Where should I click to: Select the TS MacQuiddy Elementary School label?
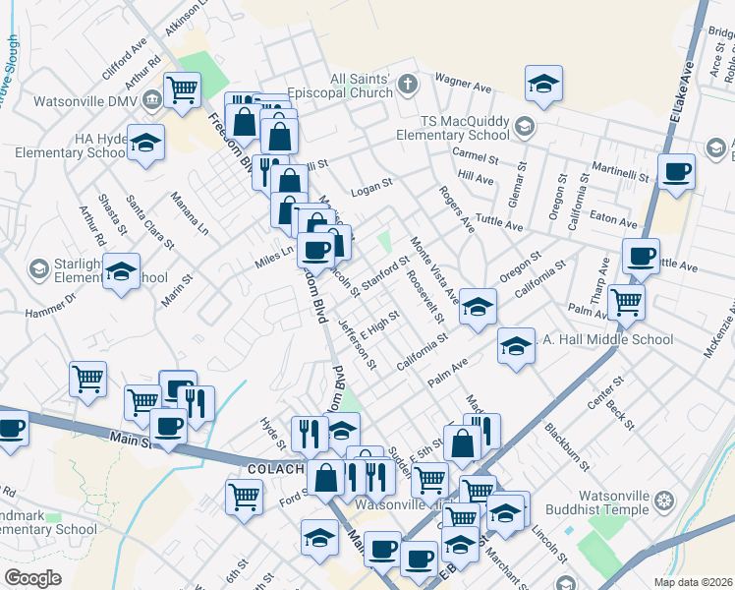(461, 127)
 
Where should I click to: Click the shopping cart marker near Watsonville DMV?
(183, 91)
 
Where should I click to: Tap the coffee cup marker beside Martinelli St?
(676, 172)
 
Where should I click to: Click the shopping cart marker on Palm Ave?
(625, 302)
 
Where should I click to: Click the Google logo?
(32, 577)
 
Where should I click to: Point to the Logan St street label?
(372, 184)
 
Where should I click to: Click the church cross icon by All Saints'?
(410, 85)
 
